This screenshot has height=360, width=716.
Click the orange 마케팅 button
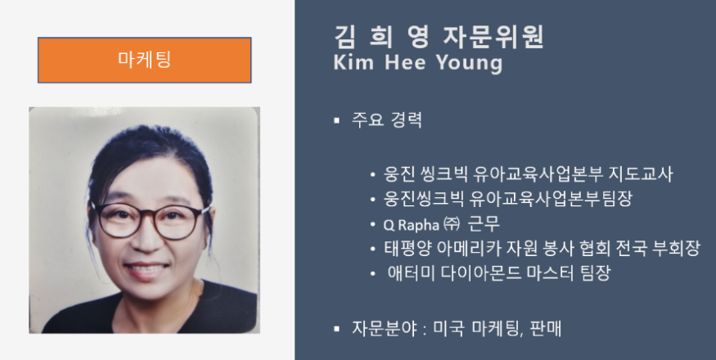144,60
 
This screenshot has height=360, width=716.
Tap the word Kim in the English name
353,62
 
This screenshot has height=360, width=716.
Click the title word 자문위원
493,37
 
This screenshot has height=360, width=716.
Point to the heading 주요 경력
387,119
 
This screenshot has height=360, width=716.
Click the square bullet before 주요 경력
337,120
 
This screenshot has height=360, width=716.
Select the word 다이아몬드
480,273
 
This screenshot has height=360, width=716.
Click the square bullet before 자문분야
337,328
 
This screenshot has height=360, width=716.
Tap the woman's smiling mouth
146,269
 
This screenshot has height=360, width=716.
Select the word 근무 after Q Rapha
484,224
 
